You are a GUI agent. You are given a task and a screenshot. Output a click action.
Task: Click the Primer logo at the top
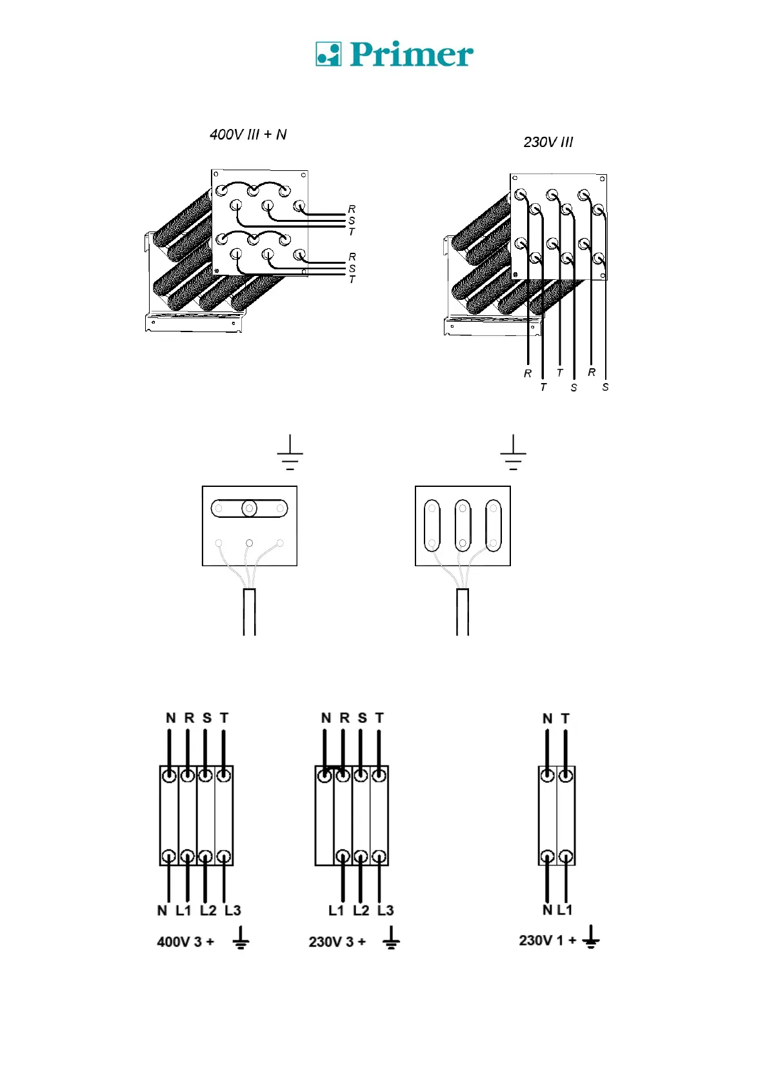(394, 55)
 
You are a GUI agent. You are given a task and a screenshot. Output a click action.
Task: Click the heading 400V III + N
(248, 135)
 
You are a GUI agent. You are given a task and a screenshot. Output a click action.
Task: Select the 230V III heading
(548, 143)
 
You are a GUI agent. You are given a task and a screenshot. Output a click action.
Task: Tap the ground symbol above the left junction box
(290, 453)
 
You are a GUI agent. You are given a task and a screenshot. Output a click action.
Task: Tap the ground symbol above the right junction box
(513, 453)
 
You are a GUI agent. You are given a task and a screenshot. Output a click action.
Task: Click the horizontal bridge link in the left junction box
(249, 509)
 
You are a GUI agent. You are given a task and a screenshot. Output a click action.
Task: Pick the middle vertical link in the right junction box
(463, 526)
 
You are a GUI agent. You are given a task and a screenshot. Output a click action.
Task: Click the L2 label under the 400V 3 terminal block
(208, 911)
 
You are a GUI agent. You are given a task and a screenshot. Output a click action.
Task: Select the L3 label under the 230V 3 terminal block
(385, 911)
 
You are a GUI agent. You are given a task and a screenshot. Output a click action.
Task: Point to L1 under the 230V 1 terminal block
(564, 910)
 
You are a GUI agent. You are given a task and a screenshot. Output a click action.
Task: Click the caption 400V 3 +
(185, 942)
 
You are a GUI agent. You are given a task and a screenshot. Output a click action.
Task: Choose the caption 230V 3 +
(337, 942)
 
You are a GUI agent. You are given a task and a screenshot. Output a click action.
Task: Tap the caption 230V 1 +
(547, 940)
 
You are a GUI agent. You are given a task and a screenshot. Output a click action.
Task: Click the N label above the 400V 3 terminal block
(170, 718)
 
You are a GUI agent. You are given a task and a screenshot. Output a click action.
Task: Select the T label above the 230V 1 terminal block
(565, 718)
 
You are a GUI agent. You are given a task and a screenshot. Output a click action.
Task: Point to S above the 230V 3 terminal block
(362, 718)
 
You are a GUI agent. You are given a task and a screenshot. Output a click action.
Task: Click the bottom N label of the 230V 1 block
(547, 910)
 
